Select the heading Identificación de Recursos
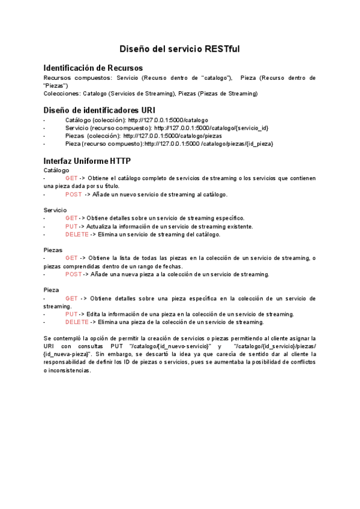(x=93, y=68)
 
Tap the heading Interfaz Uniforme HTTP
(x=87, y=161)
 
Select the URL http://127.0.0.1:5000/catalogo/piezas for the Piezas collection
(x=172, y=136)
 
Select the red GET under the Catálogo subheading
(x=71, y=178)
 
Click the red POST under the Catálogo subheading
(x=73, y=194)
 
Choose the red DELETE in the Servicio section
(x=77, y=234)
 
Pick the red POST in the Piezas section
(x=73, y=274)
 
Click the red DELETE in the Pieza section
(x=77, y=322)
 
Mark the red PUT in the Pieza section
(x=71, y=314)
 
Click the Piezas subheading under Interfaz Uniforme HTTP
(x=53, y=250)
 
